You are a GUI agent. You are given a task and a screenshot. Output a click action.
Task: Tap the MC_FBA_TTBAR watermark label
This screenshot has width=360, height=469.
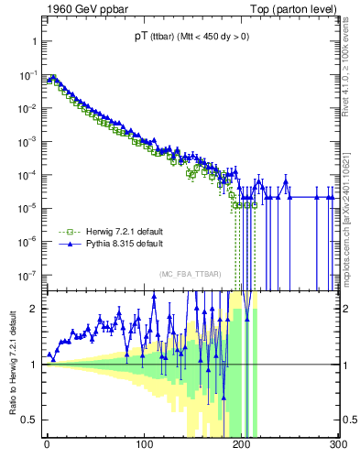[x=191, y=275]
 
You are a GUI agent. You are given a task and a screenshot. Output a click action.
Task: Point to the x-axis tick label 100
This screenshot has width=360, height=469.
[x=144, y=445]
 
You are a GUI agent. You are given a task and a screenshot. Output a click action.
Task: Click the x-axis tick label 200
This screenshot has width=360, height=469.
[x=241, y=445]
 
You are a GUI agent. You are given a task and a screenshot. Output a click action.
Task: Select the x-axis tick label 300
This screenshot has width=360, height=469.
[x=337, y=445]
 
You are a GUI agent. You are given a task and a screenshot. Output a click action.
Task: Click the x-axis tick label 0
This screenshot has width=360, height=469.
[x=47, y=445]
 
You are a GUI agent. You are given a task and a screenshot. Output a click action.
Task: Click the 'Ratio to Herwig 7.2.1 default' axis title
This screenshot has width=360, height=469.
[x=12, y=364]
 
